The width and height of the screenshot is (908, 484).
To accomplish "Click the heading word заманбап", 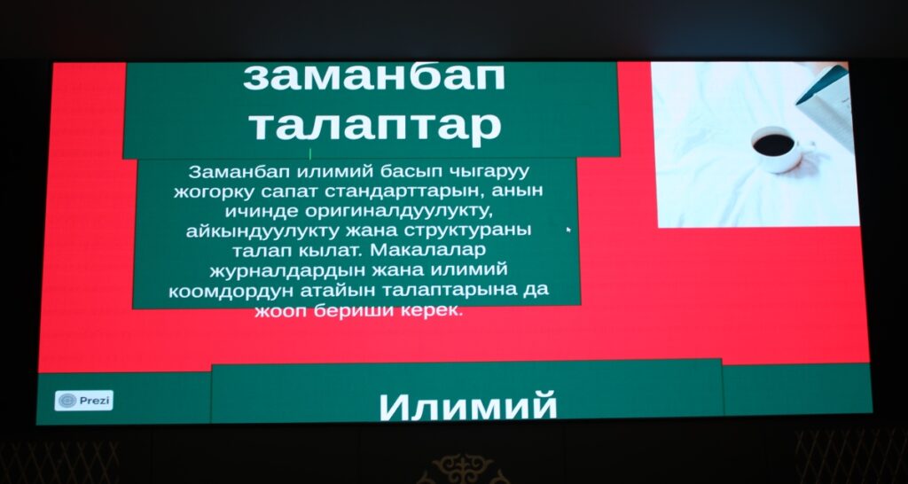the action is coord(373,78).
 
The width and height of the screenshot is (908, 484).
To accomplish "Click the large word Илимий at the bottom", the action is coord(468,406).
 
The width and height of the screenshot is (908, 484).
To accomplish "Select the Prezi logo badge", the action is coord(84,400).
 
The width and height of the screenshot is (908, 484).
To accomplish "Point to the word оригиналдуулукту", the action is coord(399,211).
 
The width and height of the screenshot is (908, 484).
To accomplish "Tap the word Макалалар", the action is coord(427,250).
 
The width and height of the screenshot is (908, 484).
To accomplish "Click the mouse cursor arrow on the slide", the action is coord(568,230).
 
